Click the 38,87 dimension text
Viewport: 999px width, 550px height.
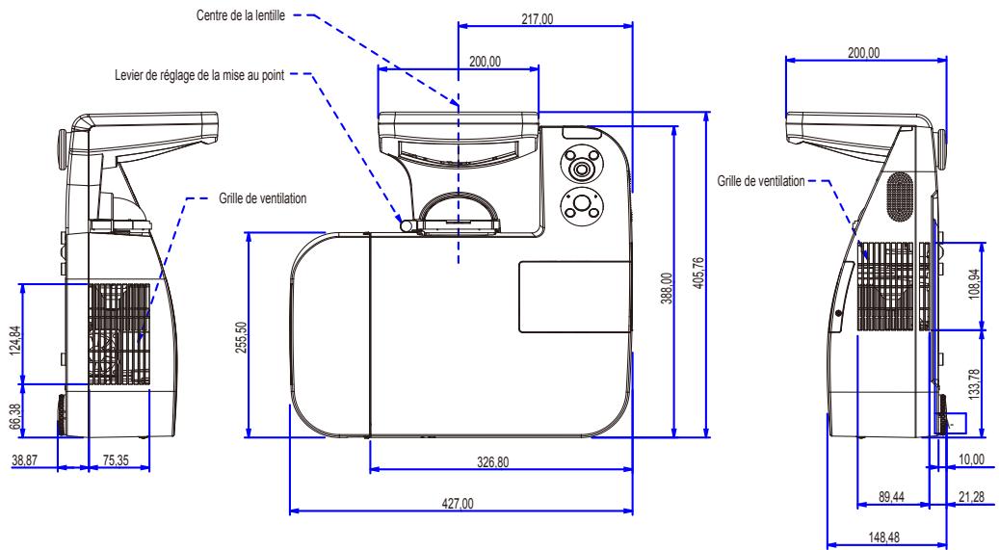tap(26, 461)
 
